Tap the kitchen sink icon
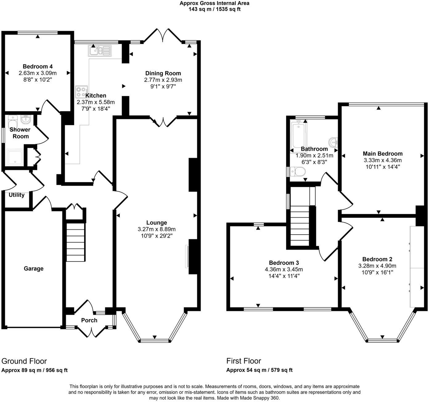(99, 51)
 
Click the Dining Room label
(163, 73)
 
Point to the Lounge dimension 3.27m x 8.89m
(157, 229)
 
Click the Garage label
(34, 269)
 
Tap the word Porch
(89, 320)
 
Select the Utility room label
(16, 195)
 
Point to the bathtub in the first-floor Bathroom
(298, 136)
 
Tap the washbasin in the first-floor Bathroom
(333, 142)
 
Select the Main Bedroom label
(382, 154)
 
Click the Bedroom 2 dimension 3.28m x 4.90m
(377, 266)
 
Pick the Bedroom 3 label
(284, 263)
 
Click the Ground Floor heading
(24, 361)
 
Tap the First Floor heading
(243, 361)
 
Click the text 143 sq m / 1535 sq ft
(214, 9)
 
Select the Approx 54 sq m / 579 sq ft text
(259, 370)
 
